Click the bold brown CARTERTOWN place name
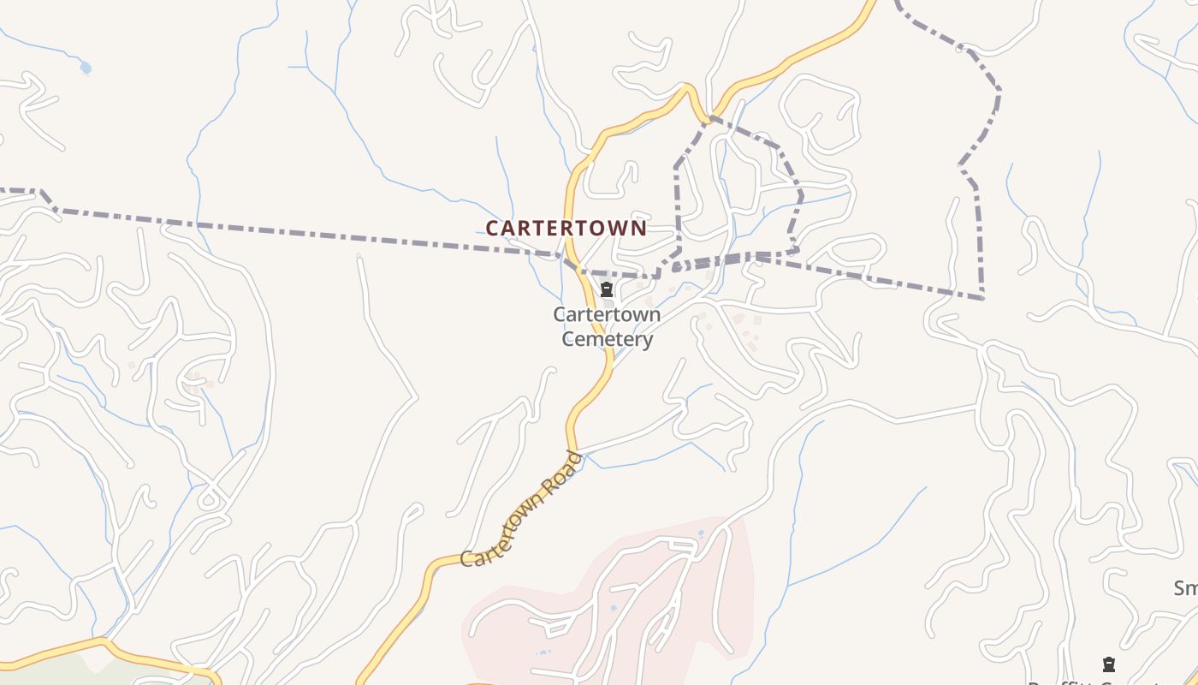(x=566, y=229)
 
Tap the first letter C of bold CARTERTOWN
(x=492, y=229)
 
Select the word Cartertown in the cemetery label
(x=606, y=315)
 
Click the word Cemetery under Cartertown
(x=606, y=340)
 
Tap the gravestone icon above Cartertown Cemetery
(x=607, y=289)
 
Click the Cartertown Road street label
(x=521, y=510)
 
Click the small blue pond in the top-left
(x=85, y=67)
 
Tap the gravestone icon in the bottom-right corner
(x=1108, y=664)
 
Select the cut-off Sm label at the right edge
(x=1185, y=588)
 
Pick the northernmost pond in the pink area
(x=701, y=534)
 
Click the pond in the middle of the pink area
(x=614, y=609)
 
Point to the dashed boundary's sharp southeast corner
(x=982, y=297)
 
